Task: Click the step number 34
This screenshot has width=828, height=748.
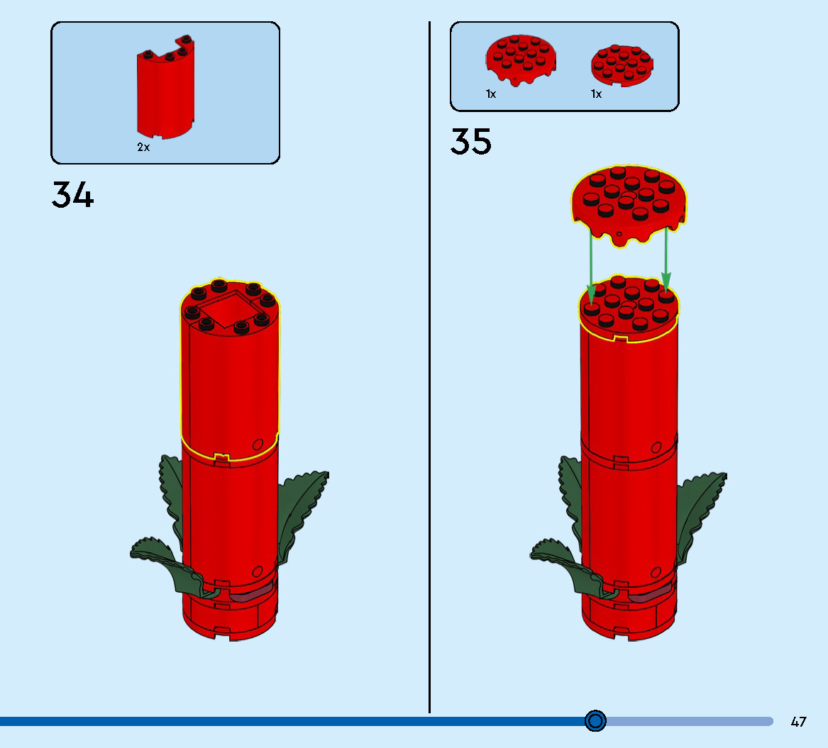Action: point(72,195)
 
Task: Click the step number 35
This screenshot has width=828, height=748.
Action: point(470,142)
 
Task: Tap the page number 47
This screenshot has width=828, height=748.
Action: point(798,722)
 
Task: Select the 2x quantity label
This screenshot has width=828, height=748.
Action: point(143,147)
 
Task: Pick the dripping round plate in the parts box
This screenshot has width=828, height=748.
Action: point(520,60)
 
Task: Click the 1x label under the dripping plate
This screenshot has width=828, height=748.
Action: point(491,94)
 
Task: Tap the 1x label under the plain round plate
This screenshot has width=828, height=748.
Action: point(596,94)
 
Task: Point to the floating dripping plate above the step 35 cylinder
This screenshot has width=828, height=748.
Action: point(629,206)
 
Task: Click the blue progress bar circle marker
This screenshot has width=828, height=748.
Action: point(596,721)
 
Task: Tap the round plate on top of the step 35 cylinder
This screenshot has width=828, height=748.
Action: point(629,305)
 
